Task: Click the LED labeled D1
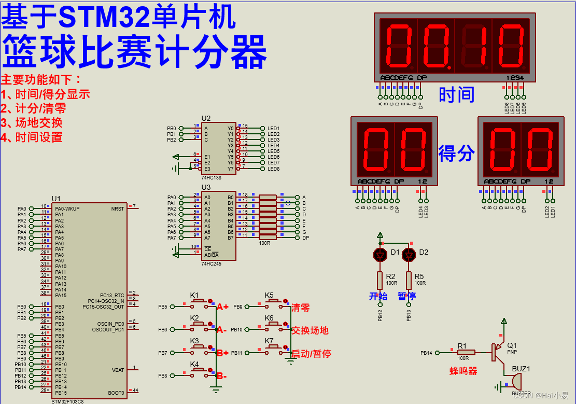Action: click(x=380, y=255)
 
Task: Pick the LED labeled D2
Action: click(x=409, y=255)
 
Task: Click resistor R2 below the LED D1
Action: click(x=380, y=281)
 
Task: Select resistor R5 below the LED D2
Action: click(x=409, y=281)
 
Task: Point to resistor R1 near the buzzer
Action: click(x=466, y=353)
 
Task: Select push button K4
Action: click(x=198, y=370)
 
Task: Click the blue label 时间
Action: click(x=457, y=95)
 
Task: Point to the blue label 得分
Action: click(x=457, y=153)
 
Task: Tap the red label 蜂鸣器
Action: click(x=463, y=371)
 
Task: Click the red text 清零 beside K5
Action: click(x=301, y=308)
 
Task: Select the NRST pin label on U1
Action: click(x=118, y=208)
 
